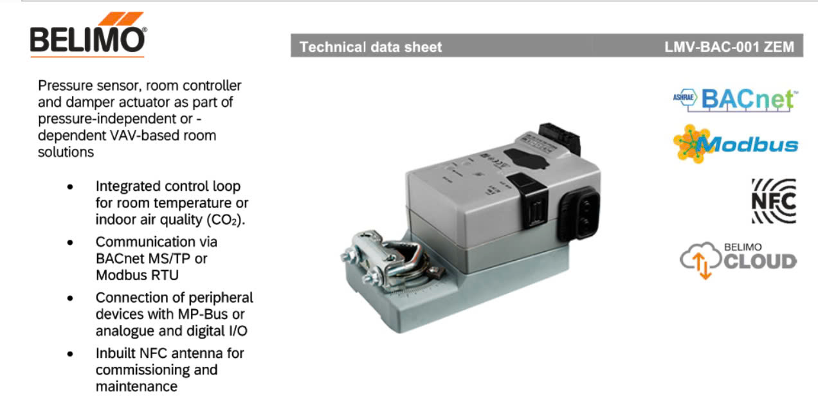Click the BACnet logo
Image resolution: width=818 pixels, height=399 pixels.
pos(733,99)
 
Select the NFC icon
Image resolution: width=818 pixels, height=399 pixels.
pos(774,200)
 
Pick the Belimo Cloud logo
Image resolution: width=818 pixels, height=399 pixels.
pos(738,260)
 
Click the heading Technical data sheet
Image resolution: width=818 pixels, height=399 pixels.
pos(371,47)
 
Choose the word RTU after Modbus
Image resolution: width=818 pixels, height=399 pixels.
pos(165,275)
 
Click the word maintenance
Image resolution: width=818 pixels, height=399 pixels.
pos(136,387)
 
